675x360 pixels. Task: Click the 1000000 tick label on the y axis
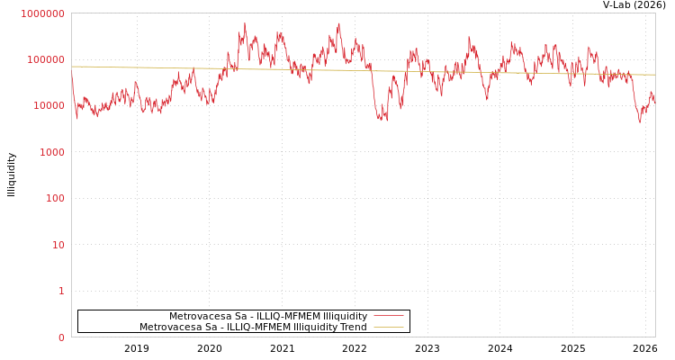click(42, 13)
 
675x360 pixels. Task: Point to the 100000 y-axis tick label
click(45, 59)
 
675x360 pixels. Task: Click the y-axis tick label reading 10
click(59, 245)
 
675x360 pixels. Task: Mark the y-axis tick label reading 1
click(62, 291)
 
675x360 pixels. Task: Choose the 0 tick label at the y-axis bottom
click(62, 337)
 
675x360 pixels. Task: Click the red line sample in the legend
click(388, 316)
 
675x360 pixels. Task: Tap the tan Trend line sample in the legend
click(388, 328)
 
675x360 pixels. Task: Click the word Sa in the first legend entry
click(236, 317)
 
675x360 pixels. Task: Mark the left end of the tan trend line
click(73, 67)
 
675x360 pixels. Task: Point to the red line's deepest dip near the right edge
click(640, 121)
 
